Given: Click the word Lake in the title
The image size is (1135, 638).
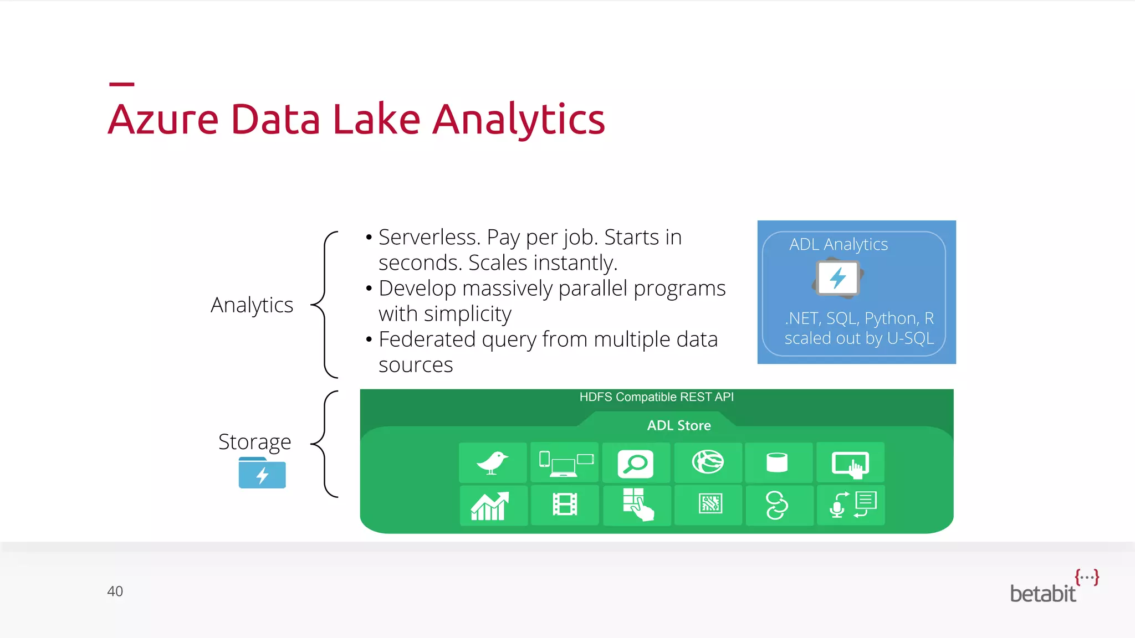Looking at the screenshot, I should (x=376, y=119).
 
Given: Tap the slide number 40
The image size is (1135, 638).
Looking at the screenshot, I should (x=115, y=591).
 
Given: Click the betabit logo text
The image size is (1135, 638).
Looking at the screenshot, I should (x=1042, y=594).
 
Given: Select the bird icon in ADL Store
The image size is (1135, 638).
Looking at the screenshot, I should (x=492, y=462).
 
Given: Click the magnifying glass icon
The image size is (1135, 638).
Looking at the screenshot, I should (x=635, y=464).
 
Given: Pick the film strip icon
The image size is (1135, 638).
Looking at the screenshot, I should (x=564, y=505).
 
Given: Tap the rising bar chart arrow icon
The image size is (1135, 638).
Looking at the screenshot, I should (x=490, y=506).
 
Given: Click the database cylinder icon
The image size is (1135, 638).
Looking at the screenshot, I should (x=777, y=462).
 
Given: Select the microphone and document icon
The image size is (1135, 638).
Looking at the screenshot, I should (x=852, y=505).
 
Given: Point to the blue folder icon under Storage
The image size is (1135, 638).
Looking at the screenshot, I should (x=262, y=474).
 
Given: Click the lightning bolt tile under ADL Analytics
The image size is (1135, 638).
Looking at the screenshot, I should (x=838, y=278).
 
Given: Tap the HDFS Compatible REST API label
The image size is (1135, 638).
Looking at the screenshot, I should (x=656, y=397).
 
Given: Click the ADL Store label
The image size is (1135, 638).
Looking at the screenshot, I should (x=678, y=425).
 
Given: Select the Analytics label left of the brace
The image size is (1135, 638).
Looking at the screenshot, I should (x=252, y=305).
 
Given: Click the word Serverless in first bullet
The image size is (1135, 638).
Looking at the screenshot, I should (x=429, y=237).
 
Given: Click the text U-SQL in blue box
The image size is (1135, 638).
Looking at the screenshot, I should (x=910, y=338).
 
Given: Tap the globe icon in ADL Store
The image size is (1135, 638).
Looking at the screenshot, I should (x=708, y=462).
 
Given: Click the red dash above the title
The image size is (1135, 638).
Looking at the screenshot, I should (x=121, y=84).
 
